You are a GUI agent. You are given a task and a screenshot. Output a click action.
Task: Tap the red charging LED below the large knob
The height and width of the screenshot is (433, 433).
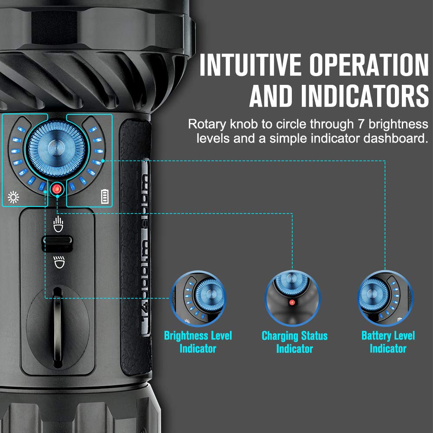click(57, 189)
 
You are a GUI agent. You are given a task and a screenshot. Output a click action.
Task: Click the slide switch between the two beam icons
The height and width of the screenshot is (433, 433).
click(57, 242)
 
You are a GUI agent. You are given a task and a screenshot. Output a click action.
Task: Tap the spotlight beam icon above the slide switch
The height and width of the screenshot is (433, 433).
click(57, 224)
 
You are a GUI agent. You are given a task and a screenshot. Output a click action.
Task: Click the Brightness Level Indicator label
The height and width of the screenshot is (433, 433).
click(198, 342)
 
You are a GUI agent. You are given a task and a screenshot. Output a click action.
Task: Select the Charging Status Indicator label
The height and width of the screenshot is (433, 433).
click(294, 342)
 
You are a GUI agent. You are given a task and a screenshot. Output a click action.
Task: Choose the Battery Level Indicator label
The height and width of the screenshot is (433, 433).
click(388, 342)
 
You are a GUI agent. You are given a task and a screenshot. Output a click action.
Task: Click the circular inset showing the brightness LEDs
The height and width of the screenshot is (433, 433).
click(198, 299)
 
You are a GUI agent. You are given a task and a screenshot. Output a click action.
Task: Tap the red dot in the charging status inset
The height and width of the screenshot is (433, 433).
click(292, 302)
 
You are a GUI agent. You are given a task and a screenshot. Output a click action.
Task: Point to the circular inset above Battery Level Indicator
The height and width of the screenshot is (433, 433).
click(385, 299)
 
